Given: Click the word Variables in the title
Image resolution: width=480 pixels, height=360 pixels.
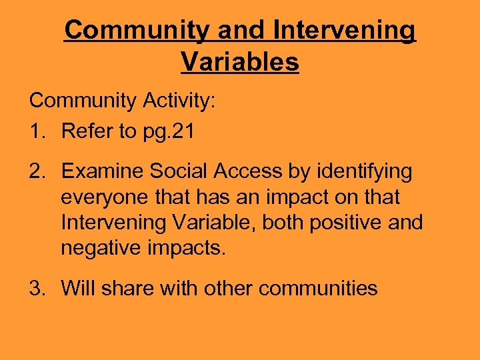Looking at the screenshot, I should click(239, 62).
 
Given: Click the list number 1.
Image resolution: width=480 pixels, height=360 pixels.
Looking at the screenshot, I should click(36, 131).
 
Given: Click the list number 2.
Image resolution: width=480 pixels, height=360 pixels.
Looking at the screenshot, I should click(36, 172).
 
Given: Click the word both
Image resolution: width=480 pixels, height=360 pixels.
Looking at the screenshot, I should click(285, 223).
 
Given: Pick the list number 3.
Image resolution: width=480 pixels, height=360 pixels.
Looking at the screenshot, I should click(36, 289).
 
